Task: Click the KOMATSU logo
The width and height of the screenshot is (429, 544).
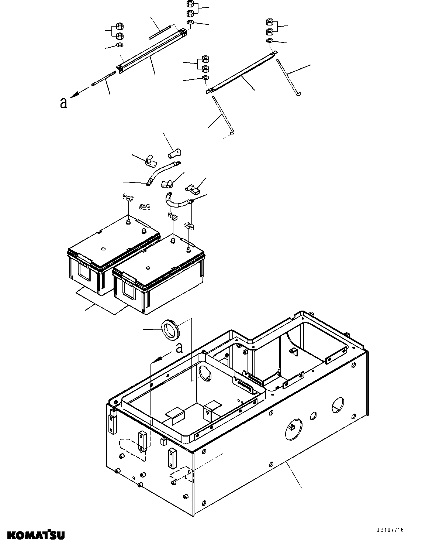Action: (33, 534)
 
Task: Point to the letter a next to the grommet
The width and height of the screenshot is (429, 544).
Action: (179, 348)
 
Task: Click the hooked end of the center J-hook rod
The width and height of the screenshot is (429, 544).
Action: (231, 131)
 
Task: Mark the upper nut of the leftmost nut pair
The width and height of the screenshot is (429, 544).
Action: (120, 26)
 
